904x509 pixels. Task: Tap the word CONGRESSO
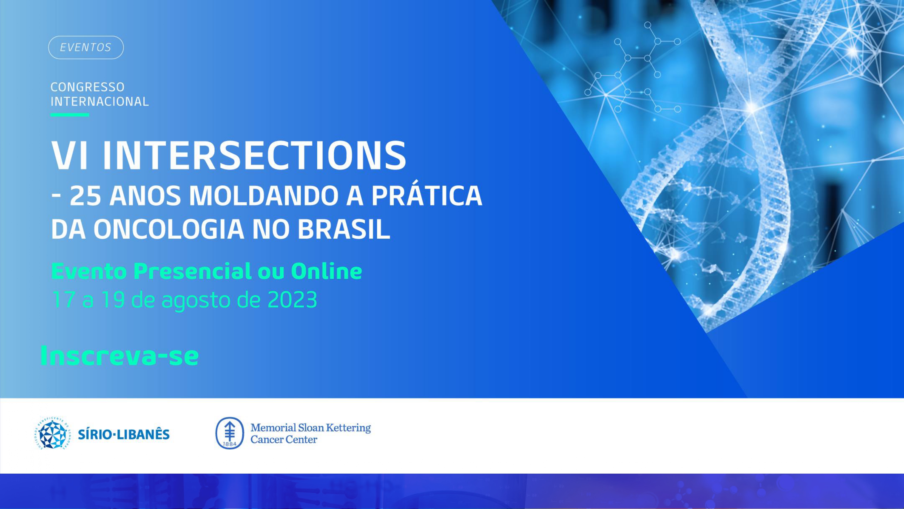[x=88, y=87]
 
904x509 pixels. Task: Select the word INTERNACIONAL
[x=100, y=101]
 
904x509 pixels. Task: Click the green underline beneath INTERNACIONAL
[x=69, y=114]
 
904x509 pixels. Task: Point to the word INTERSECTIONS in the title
[x=254, y=155]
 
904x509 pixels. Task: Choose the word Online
[x=326, y=271]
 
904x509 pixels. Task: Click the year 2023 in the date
[x=292, y=300]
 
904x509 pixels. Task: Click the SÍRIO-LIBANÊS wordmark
[x=124, y=435]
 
